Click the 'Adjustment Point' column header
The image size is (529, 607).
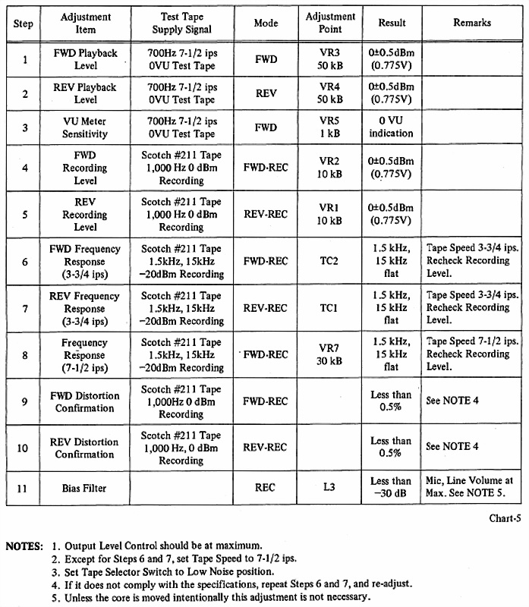pos(330,23)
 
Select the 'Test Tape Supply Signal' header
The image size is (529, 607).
pos(182,23)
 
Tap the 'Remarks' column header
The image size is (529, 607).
pos(472,23)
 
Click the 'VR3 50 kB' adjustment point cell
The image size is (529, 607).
pos(330,58)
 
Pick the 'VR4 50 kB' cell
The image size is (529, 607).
pos(330,93)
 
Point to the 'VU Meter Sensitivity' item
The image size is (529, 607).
pos(85,127)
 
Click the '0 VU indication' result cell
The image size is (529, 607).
pos(391,127)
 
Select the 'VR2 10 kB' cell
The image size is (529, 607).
pos(330,168)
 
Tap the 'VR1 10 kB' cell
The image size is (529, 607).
pos(330,214)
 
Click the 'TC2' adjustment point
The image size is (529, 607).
pos(330,260)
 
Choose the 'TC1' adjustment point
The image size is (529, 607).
pos(330,307)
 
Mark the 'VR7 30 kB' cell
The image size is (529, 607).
pos(330,354)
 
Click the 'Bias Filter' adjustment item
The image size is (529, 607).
pos(85,488)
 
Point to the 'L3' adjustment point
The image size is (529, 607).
pos(330,488)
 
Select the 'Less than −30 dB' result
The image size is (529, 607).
pos(391,488)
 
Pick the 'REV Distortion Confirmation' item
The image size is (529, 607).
pos(85,448)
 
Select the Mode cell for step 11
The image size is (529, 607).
pos(266,488)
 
